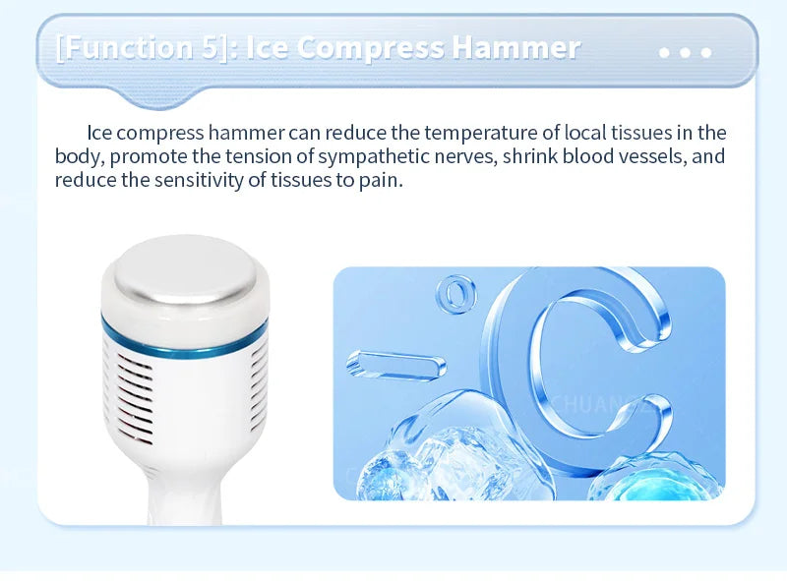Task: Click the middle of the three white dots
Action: (686, 52)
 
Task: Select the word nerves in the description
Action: (506, 156)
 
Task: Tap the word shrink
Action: (565, 156)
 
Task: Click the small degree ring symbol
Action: (454, 293)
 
